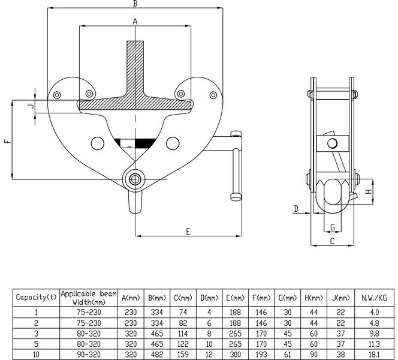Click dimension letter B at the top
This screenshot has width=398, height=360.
tap(135, 4)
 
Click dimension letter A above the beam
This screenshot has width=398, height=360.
tap(135, 22)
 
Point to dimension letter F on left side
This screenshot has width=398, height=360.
tap(7, 142)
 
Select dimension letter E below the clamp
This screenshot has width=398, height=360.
tap(188, 230)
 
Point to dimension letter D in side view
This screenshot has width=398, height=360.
tap(296, 208)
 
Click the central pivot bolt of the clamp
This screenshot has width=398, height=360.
tap(135, 178)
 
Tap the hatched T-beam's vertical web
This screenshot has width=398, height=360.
tap(135, 66)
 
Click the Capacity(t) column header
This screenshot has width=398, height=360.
tap(36, 297)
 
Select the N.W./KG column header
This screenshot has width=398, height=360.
tap(375, 297)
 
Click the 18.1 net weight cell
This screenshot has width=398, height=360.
tap(375, 354)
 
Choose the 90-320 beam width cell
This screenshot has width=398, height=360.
tap(88, 354)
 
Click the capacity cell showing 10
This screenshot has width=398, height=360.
tap(36, 354)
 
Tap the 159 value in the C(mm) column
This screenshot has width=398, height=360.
tap(182, 354)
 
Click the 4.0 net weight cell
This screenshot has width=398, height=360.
tap(375, 311)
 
